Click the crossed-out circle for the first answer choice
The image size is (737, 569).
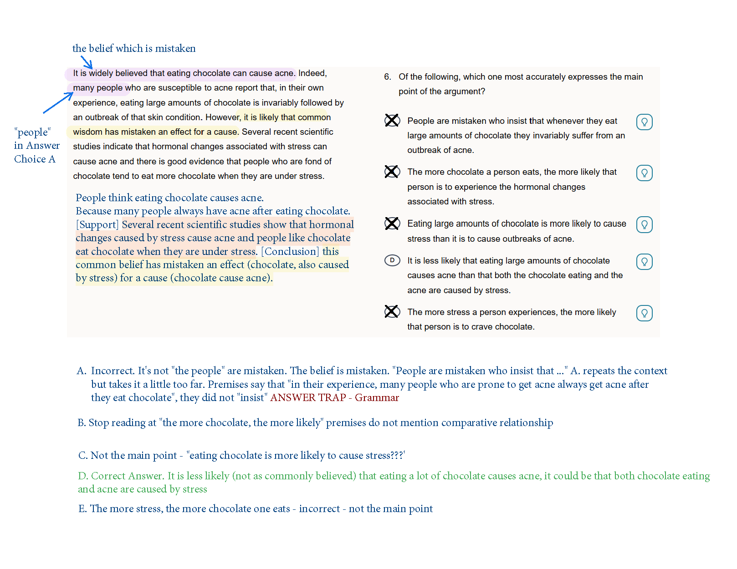coord(392,120)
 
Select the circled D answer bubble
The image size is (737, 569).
coord(392,260)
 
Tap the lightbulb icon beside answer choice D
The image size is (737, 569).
coord(644,262)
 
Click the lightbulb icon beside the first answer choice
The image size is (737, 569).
coord(644,122)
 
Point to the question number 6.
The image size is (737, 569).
coord(387,76)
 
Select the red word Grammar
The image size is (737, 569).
coord(377,397)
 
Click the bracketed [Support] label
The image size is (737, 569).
coord(97,224)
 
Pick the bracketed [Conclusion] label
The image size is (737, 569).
coord(290,251)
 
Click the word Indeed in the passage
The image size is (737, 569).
coord(312,73)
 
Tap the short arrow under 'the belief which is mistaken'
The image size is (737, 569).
coord(87,62)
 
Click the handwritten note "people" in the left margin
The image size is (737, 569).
coord(33,132)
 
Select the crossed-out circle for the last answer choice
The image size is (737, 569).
coord(392,311)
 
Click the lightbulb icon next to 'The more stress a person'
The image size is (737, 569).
coord(644,313)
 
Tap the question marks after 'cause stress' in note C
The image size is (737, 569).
coord(398,455)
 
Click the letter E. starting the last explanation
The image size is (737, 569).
coord(82,508)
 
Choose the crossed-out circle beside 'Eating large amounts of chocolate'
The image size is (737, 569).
coord(392,224)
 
